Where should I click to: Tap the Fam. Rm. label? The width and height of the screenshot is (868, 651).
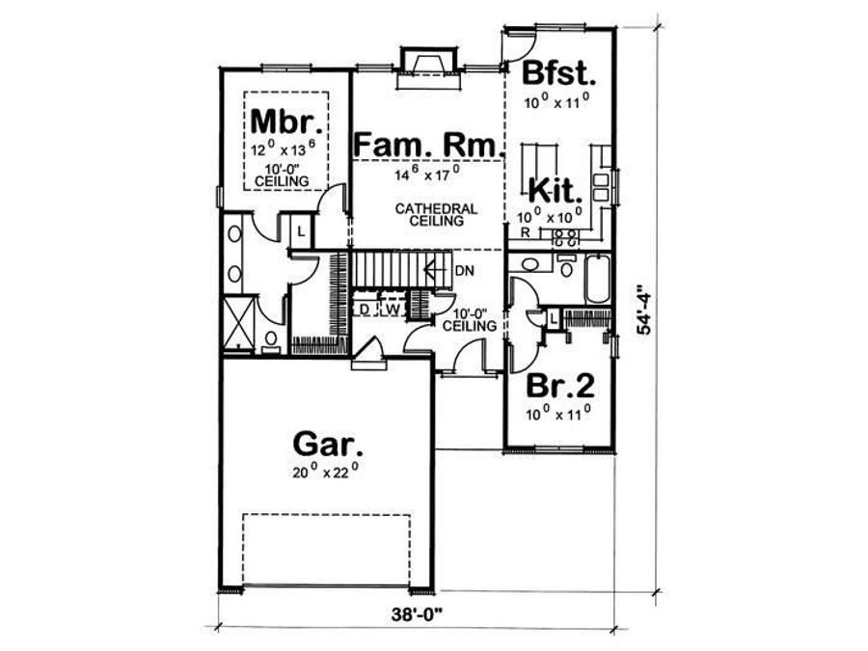pos(428,145)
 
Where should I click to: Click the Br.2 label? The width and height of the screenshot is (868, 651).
pos(559,386)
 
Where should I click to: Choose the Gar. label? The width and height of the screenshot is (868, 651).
pos(328,445)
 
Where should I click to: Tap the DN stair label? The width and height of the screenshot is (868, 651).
pos(464,272)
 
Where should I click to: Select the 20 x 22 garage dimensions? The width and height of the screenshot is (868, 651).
pos(327,474)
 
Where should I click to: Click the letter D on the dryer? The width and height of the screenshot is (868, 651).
pos(366,310)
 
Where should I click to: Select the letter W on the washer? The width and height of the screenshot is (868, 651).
pos(392,310)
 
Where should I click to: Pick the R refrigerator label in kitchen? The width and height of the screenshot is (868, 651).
pos(523,233)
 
